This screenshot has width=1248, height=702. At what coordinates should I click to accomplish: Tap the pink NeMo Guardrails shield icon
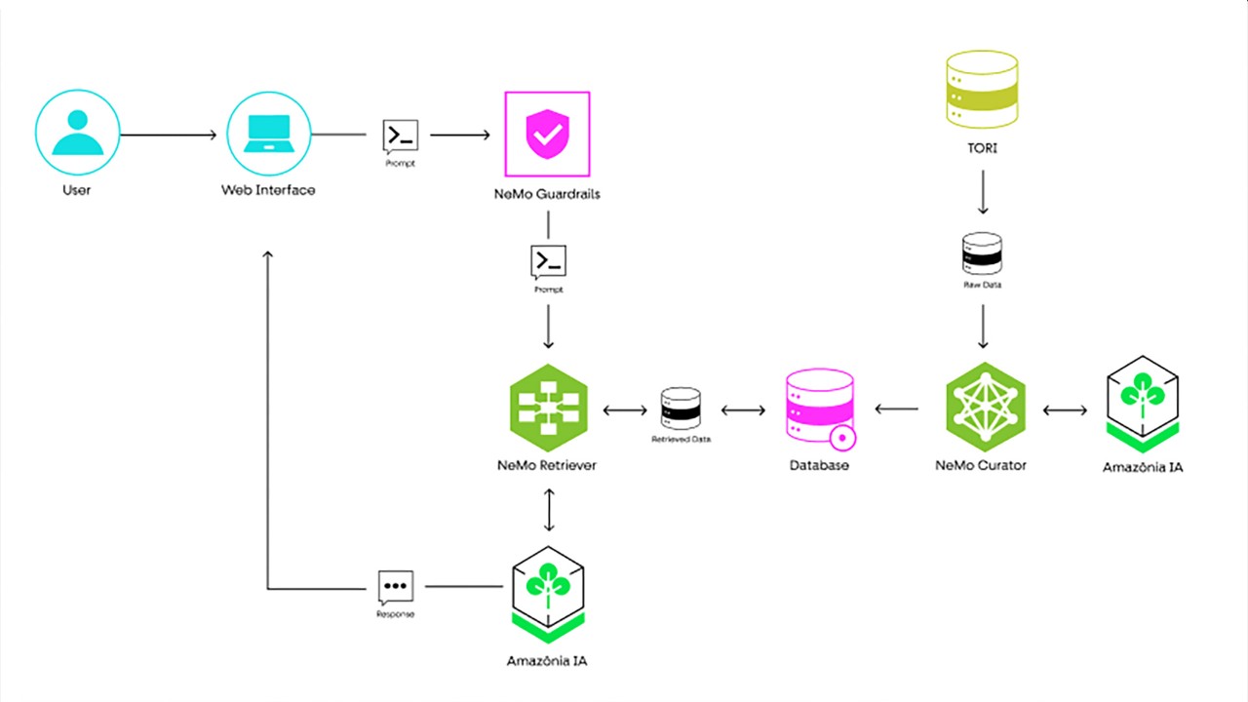point(547,135)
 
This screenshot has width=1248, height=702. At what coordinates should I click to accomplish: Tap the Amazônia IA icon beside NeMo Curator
point(1143,400)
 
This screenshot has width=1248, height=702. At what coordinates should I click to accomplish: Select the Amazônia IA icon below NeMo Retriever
point(547,590)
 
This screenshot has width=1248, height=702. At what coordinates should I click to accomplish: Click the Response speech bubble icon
point(396,587)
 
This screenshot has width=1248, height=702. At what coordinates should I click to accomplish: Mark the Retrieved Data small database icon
point(681,409)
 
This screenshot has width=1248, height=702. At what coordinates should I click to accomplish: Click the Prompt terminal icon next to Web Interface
point(401,136)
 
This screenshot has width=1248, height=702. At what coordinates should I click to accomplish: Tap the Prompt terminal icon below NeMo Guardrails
point(548,261)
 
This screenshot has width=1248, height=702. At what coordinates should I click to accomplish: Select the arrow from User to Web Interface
point(168,135)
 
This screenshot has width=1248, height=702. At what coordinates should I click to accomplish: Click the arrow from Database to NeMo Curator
point(897,409)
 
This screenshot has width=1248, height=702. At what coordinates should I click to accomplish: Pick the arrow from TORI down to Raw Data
point(982,192)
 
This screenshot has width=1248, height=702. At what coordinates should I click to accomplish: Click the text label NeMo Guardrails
point(547,194)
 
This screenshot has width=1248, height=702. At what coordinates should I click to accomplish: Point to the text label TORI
point(982,149)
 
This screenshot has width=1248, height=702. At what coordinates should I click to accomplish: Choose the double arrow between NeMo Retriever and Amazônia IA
point(549,509)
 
